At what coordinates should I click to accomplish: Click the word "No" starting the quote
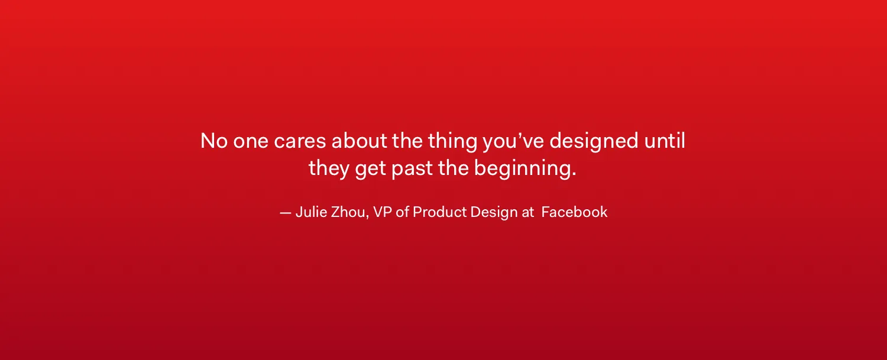click(214, 141)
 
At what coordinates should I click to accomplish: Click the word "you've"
click(513, 142)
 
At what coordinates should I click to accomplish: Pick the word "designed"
click(594, 142)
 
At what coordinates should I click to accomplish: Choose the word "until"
click(665, 141)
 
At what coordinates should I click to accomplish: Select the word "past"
click(412, 168)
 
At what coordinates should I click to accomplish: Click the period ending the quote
click(574, 174)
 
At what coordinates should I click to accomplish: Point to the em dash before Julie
click(286, 213)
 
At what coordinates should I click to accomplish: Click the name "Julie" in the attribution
click(311, 212)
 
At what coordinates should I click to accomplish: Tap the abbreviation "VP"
click(383, 212)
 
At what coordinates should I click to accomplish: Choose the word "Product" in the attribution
click(439, 212)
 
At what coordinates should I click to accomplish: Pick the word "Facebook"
click(574, 212)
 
